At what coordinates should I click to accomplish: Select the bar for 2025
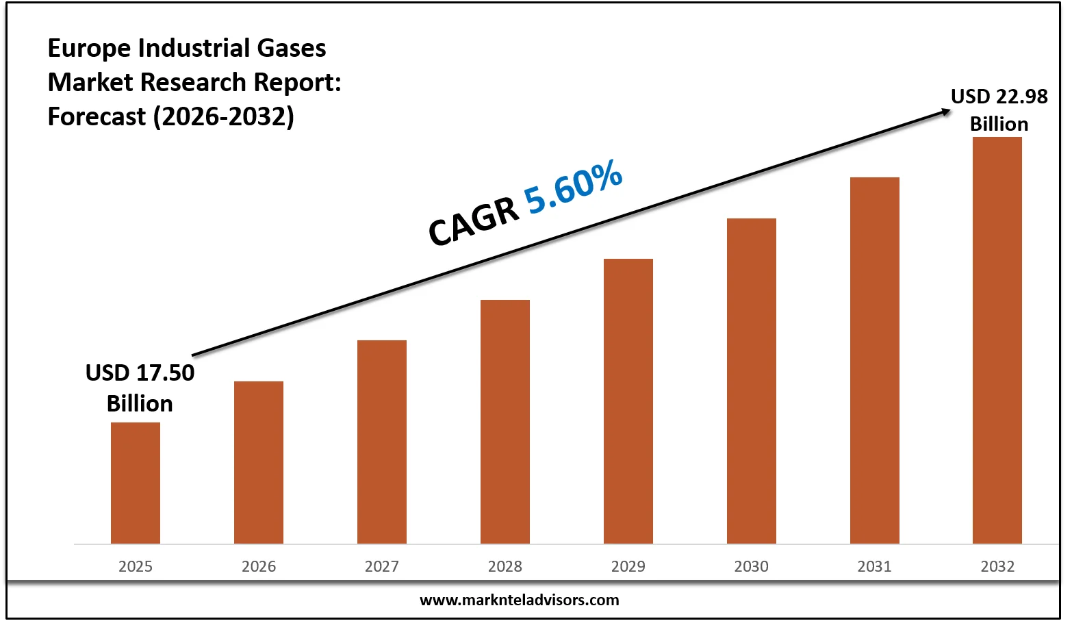[136, 483]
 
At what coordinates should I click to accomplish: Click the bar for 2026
[259, 462]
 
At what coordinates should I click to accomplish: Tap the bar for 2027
[382, 442]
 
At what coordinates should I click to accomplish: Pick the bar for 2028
[505, 422]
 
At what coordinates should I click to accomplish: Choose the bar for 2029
[628, 401]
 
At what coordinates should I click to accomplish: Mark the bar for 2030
[752, 381]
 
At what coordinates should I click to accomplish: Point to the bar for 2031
[875, 360]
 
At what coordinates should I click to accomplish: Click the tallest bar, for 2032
[997, 340]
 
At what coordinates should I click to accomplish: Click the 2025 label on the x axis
[136, 566]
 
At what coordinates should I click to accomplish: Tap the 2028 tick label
[505, 566]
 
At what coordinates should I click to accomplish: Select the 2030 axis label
[752, 566]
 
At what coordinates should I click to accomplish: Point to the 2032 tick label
[997, 566]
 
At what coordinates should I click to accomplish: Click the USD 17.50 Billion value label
[140, 388]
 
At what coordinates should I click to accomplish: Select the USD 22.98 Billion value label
[999, 110]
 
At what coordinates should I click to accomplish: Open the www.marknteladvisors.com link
[519, 600]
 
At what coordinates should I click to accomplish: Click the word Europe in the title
[89, 49]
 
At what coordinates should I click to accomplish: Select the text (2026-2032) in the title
[223, 116]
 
